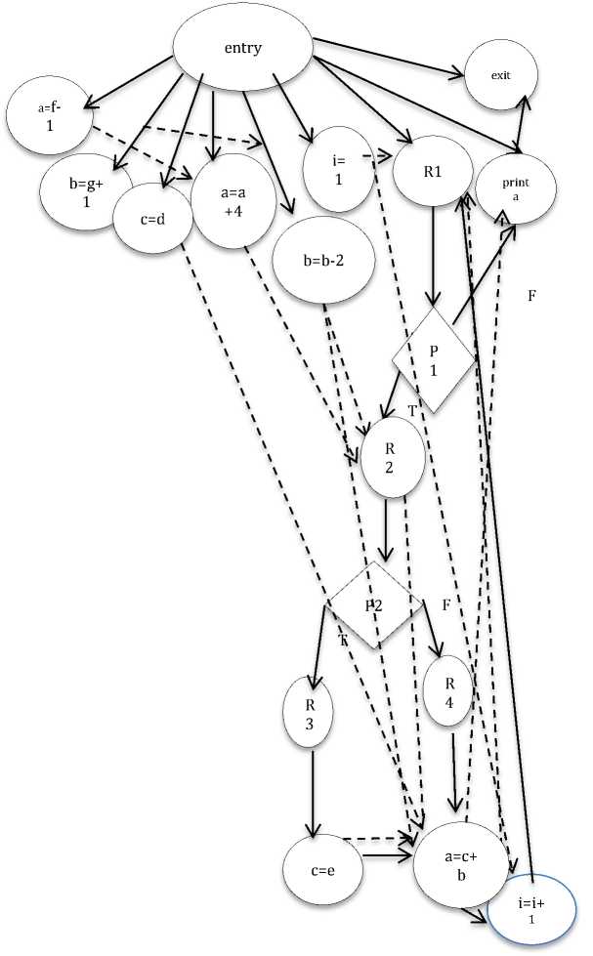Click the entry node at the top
pyautogui.click(x=242, y=48)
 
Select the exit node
pyautogui.click(x=501, y=74)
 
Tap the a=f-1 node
pyautogui.click(x=48, y=115)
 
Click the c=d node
pyautogui.click(x=151, y=217)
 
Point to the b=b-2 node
pyautogui.click(x=318, y=260)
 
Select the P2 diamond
pyautogui.click(x=374, y=604)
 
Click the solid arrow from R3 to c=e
pyautogui.click(x=313, y=791)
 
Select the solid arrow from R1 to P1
pyautogui.click(x=433, y=254)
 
